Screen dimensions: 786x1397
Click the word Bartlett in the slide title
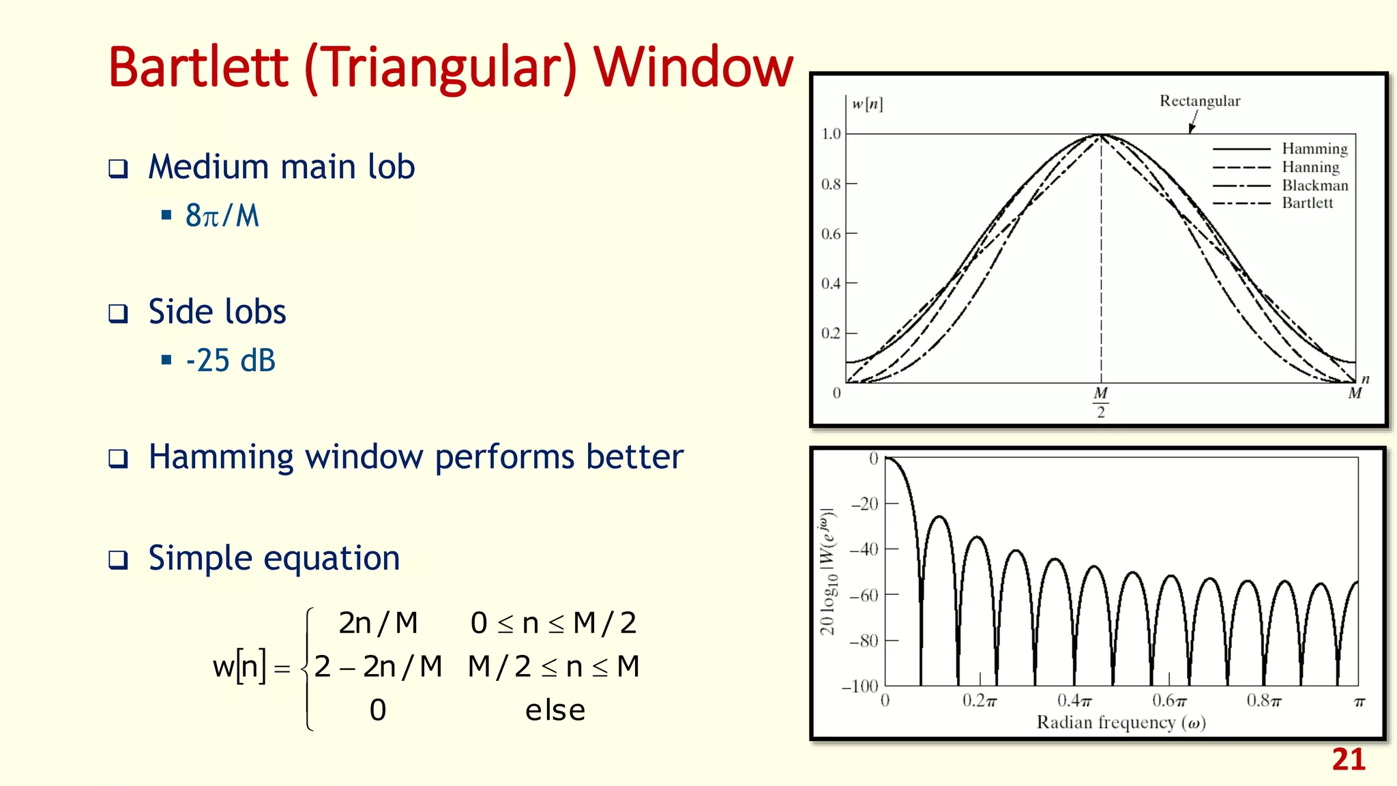pos(198,68)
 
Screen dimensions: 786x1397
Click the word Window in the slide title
pos(693,68)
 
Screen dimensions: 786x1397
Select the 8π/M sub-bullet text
pos(222,216)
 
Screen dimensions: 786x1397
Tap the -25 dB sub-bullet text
pos(231,361)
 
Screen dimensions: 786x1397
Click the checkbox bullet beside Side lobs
pos(119,314)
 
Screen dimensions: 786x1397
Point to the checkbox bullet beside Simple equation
pos(119,560)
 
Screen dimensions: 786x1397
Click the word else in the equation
pos(555,711)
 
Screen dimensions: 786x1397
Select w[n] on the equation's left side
pos(239,667)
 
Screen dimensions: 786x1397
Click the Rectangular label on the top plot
pos(1200,101)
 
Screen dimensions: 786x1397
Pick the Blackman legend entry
pos(1314,186)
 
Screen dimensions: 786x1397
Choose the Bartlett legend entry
pos(1307,203)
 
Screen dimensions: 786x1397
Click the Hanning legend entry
pos(1310,167)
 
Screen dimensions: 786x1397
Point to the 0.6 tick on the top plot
pos(831,234)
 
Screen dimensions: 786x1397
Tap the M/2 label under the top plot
pos(1100,402)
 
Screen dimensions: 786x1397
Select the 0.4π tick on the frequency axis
pos(1074,701)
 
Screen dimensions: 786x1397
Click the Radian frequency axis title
pos(1121,723)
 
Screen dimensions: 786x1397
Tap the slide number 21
pos(1348,760)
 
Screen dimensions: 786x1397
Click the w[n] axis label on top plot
pos(867,104)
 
